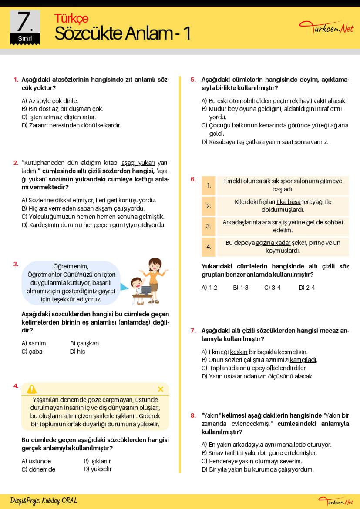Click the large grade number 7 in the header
point(25,22)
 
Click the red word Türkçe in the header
point(71,18)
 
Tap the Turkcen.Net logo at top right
point(326,28)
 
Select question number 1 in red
point(16,80)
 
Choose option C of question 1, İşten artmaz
point(58,117)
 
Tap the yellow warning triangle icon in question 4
point(32,389)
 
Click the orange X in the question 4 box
point(160,389)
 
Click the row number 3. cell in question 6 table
point(209,226)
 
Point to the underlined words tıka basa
point(289,202)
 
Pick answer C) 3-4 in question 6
point(272,288)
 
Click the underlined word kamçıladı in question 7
point(303,360)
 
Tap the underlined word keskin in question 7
point(239,352)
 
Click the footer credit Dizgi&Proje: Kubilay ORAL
point(44,501)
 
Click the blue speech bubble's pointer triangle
point(124,287)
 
